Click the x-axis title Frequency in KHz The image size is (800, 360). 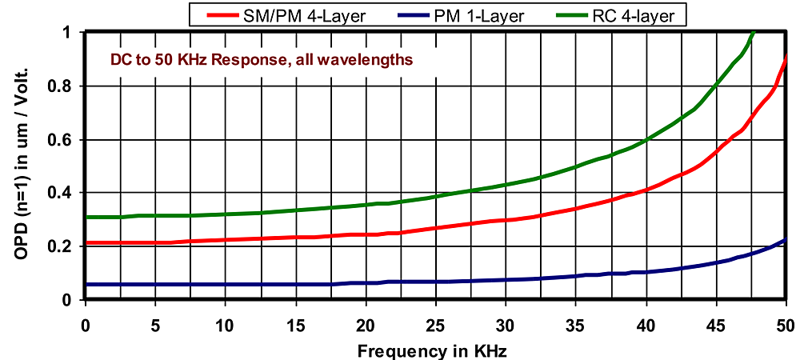pos(432,349)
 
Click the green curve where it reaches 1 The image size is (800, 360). pos(753,34)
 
